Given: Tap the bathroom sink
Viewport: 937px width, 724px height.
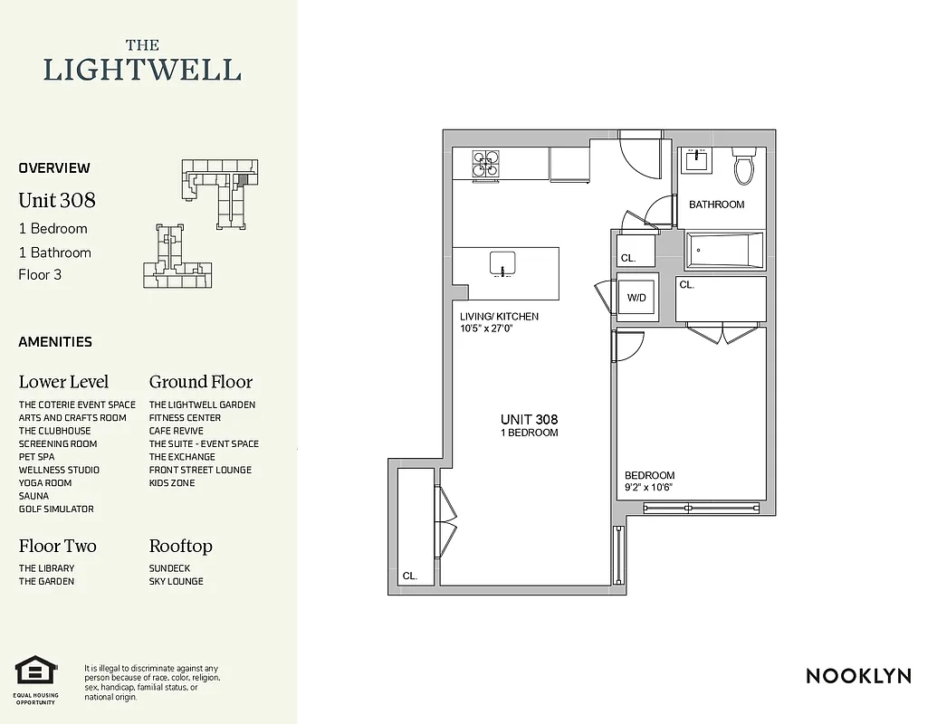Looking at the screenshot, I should click(696, 160).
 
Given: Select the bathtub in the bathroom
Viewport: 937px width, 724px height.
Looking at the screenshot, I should click(724, 251).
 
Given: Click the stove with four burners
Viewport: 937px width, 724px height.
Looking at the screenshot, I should click(484, 163).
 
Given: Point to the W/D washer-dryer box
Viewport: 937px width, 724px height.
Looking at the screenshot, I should click(637, 297).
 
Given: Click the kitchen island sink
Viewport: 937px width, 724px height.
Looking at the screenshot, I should click(502, 264).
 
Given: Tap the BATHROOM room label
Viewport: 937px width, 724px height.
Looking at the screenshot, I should click(716, 205).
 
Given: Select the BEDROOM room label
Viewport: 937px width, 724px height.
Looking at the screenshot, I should click(649, 476).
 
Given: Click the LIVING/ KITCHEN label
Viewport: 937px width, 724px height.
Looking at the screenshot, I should click(499, 317).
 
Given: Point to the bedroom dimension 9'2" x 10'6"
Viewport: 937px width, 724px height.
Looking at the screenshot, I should click(649, 488).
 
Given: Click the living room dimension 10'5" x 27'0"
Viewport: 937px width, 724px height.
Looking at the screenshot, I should click(492, 329).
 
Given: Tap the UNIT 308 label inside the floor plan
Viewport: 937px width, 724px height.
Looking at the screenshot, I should click(529, 420).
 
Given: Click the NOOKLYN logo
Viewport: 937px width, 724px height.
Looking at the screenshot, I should click(858, 676).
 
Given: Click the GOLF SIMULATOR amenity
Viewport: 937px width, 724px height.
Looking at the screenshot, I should click(56, 510).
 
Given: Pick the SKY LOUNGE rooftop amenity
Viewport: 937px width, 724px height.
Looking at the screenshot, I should click(177, 581).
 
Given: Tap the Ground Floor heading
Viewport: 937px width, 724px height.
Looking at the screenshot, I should click(201, 382).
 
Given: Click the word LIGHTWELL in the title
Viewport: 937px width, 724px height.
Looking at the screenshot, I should click(142, 70).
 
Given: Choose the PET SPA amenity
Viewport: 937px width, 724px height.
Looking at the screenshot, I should click(36, 457).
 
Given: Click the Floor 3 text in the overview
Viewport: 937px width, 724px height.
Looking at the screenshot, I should click(40, 274).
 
